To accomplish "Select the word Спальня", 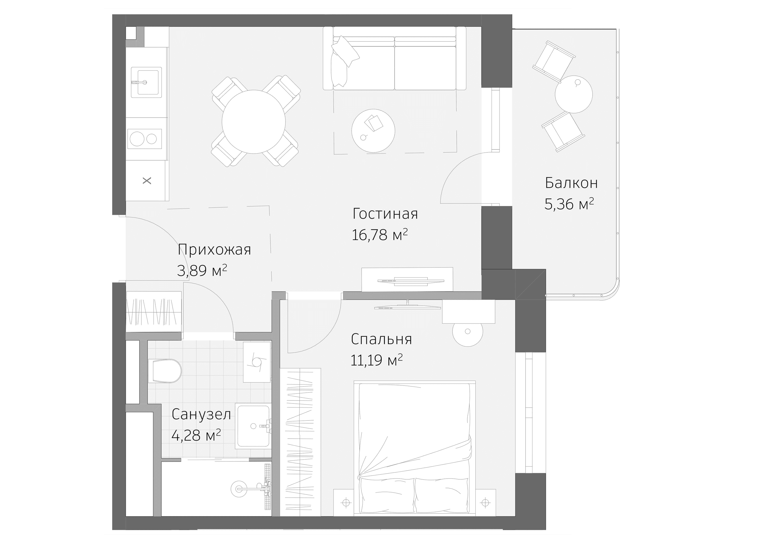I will point(381,339).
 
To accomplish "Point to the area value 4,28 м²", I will point(196,435).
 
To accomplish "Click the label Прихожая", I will point(214,250).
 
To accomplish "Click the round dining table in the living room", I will point(253,122).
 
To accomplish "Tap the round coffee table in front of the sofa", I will point(373,131).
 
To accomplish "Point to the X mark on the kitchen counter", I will point(147,181).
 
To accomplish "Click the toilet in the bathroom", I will point(165,371).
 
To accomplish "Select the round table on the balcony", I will point(573,94).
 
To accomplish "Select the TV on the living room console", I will point(410,281).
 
